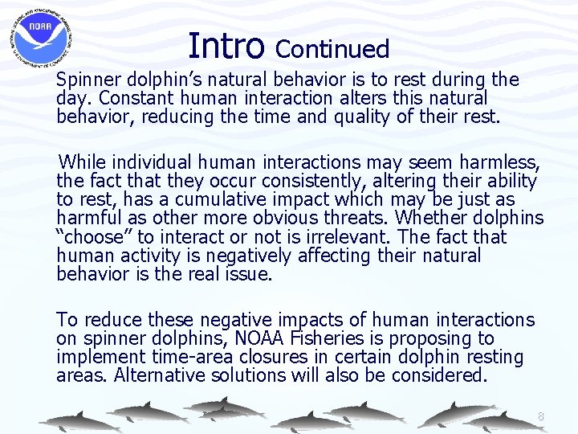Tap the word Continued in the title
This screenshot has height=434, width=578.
[x=332, y=49]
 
